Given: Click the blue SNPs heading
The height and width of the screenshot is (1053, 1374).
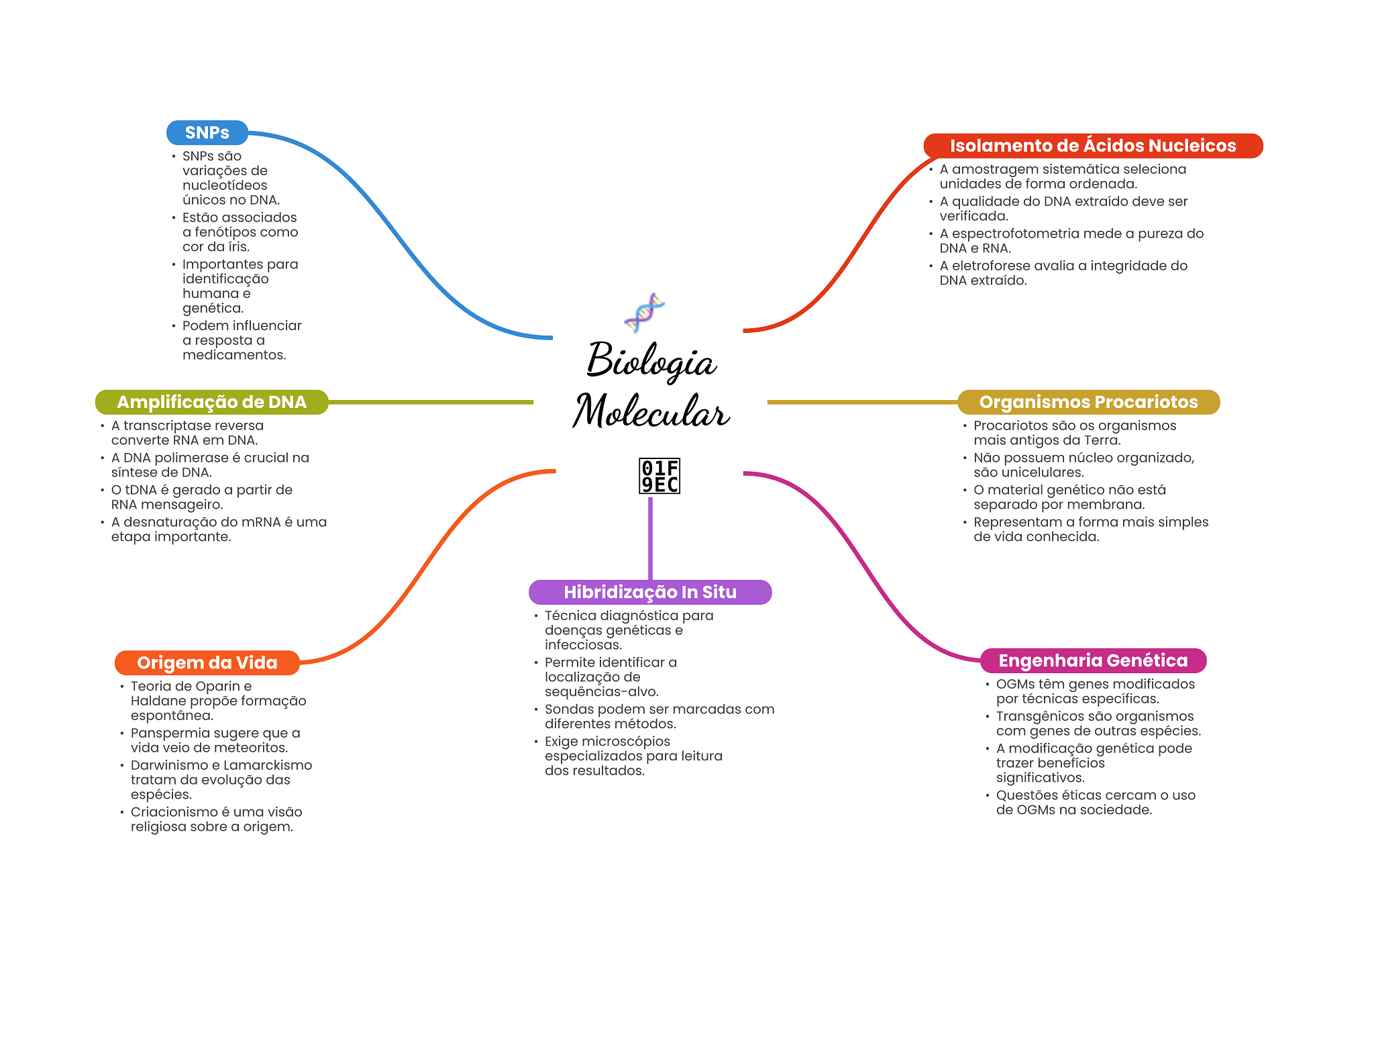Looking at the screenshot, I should tap(207, 133).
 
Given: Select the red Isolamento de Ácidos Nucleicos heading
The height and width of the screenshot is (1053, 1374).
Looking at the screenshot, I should tap(1092, 146).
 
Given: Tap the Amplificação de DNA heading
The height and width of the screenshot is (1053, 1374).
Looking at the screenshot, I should tap(211, 402).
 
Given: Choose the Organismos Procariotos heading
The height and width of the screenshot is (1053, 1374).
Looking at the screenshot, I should tap(1088, 402).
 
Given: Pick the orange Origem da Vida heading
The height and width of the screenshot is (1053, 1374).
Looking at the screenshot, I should tap(207, 662).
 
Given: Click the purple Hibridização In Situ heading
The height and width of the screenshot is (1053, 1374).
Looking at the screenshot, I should tap(649, 592).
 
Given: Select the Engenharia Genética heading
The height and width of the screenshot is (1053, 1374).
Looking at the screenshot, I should tap(1092, 660).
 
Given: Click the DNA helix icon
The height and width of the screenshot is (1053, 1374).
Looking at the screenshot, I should tap(644, 313).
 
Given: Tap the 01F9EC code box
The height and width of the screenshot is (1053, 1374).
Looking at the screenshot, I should tap(659, 476).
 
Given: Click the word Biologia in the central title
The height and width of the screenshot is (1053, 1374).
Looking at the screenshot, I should tap(651, 361).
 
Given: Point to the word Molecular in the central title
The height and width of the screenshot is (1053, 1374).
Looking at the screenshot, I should tap(651, 411).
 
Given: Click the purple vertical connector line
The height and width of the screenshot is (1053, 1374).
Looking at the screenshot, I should tap(650, 537).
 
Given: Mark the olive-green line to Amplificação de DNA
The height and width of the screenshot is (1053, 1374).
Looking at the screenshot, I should tap(429, 402).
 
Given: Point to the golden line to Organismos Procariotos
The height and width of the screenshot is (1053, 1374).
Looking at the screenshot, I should tap(862, 402).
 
